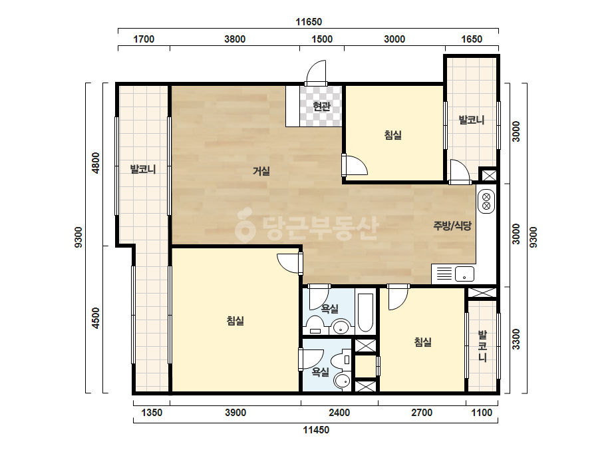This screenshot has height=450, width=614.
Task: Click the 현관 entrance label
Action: pyautogui.click(x=322, y=107)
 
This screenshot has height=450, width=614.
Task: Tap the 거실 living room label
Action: pyautogui.click(x=261, y=171)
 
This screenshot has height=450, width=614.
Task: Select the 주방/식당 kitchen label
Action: pyautogui.click(x=452, y=226)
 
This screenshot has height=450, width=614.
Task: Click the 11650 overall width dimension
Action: pyautogui.click(x=309, y=21)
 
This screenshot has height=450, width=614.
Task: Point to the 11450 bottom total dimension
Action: pyautogui.click(x=316, y=430)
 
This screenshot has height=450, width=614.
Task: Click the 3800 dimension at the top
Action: pyautogui.click(x=235, y=39)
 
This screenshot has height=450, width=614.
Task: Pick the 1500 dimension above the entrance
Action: pyautogui.click(x=322, y=39)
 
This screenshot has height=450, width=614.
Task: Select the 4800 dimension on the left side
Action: pyautogui.click(x=96, y=162)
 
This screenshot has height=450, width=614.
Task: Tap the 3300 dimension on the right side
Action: pyautogui.click(x=516, y=339)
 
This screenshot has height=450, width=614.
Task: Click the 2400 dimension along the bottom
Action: pyautogui.click(x=339, y=413)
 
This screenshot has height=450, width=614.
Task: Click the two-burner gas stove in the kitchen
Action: pyautogui.click(x=486, y=202)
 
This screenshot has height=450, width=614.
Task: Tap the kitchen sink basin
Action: pyautogui.click(x=464, y=274)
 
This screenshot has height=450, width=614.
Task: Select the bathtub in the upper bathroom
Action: pyautogui.click(x=365, y=312)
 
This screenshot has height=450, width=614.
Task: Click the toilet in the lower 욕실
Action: pyautogui.click(x=342, y=359)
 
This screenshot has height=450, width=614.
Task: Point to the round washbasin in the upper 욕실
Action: pyautogui.click(x=341, y=327)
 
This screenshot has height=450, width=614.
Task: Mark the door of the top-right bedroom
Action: pyautogui.click(x=355, y=164)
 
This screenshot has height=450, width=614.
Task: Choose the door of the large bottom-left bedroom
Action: pyautogui.click(x=290, y=264)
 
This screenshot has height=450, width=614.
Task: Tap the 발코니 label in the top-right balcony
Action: pyautogui.click(x=472, y=120)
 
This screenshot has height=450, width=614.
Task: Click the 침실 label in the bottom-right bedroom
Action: pyautogui.click(x=423, y=342)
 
